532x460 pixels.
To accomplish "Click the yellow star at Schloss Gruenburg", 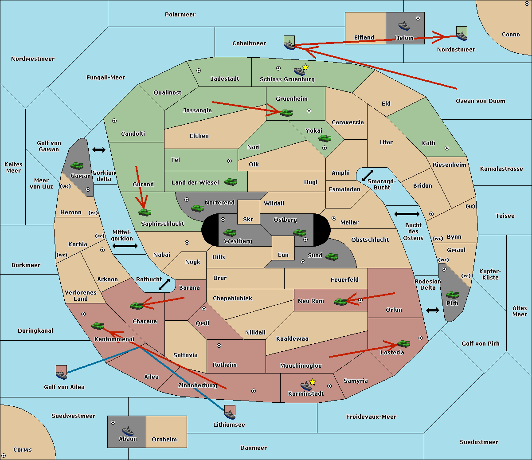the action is [305, 67].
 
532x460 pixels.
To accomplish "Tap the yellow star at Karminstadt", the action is [312, 382].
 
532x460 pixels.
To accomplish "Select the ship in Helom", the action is [404, 26].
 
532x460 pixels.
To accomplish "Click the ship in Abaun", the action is [128, 431].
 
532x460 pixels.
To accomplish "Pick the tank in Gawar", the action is [77, 165].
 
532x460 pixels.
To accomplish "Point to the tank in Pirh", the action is [452, 295].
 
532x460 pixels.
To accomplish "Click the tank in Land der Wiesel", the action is [231, 182].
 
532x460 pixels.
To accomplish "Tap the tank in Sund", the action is [332, 256].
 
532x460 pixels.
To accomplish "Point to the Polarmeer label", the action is [180, 15].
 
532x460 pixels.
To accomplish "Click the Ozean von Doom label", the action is [481, 101].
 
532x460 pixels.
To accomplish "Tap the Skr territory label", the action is [248, 219].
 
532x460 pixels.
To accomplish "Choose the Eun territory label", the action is [283, 255].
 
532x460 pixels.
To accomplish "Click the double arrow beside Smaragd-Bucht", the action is [368, 175].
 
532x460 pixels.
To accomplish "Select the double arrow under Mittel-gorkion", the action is [125, 246].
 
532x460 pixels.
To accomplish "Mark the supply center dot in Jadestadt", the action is [199, 71].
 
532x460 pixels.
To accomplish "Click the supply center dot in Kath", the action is [447, 148].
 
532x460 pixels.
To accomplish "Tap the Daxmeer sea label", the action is [254, 448].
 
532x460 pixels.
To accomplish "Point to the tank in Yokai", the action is [325, 138].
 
